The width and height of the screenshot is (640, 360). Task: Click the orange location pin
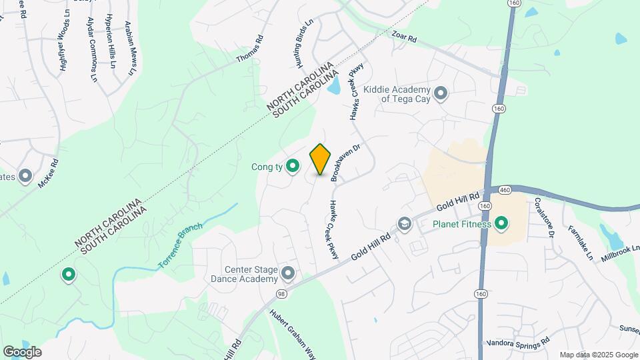pos(321,159)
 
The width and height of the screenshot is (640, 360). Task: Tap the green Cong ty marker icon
pos(292,166)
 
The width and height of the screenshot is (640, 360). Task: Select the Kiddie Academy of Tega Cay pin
pos(440,93)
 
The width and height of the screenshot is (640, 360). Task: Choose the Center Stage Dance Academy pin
pos(288,272)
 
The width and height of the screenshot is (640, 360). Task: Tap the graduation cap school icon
pos(404,224)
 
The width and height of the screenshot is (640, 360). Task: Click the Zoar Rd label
pos(404,36)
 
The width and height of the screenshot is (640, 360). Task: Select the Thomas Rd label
pos(250,49)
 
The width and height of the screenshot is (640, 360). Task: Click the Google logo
pos(22,352)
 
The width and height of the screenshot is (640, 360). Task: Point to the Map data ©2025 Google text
pos(598,355)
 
